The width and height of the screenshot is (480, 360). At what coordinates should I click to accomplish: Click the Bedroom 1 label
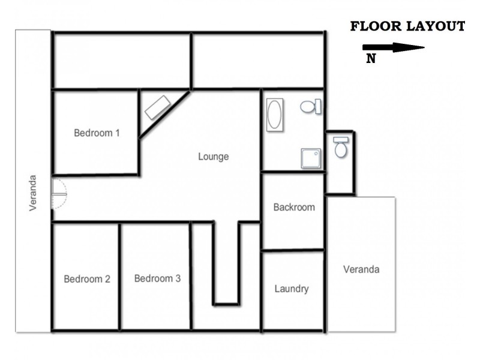97,133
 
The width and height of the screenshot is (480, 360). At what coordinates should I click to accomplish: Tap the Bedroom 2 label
87,278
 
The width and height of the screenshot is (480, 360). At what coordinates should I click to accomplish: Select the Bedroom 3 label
157,278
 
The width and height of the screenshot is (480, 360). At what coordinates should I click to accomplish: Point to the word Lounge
214,157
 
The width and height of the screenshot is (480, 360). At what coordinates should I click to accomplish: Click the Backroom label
294,207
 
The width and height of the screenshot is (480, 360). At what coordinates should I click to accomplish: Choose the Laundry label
292,289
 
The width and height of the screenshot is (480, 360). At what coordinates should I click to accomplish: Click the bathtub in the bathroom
274,114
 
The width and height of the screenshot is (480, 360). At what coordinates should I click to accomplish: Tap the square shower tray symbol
310,158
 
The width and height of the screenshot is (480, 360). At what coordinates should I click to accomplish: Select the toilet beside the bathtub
310,107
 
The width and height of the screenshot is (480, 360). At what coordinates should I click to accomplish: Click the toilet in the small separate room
341,146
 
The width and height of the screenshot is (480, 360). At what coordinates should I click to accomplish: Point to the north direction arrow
394,47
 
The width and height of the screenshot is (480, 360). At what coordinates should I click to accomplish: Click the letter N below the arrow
371,59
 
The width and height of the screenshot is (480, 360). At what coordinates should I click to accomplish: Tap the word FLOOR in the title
377,26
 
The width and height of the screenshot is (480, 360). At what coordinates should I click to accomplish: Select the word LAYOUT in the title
436,26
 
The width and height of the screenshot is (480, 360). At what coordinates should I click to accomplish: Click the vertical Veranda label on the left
33,193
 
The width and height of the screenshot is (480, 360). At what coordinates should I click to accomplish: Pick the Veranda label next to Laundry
361,269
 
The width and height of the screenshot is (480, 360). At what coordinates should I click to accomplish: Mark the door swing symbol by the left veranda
59,193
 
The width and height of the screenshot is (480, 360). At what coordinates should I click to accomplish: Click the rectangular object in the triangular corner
158,107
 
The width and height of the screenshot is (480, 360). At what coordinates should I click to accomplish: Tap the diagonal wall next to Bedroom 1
165,114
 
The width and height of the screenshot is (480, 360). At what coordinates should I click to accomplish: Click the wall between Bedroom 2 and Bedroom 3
120,276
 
